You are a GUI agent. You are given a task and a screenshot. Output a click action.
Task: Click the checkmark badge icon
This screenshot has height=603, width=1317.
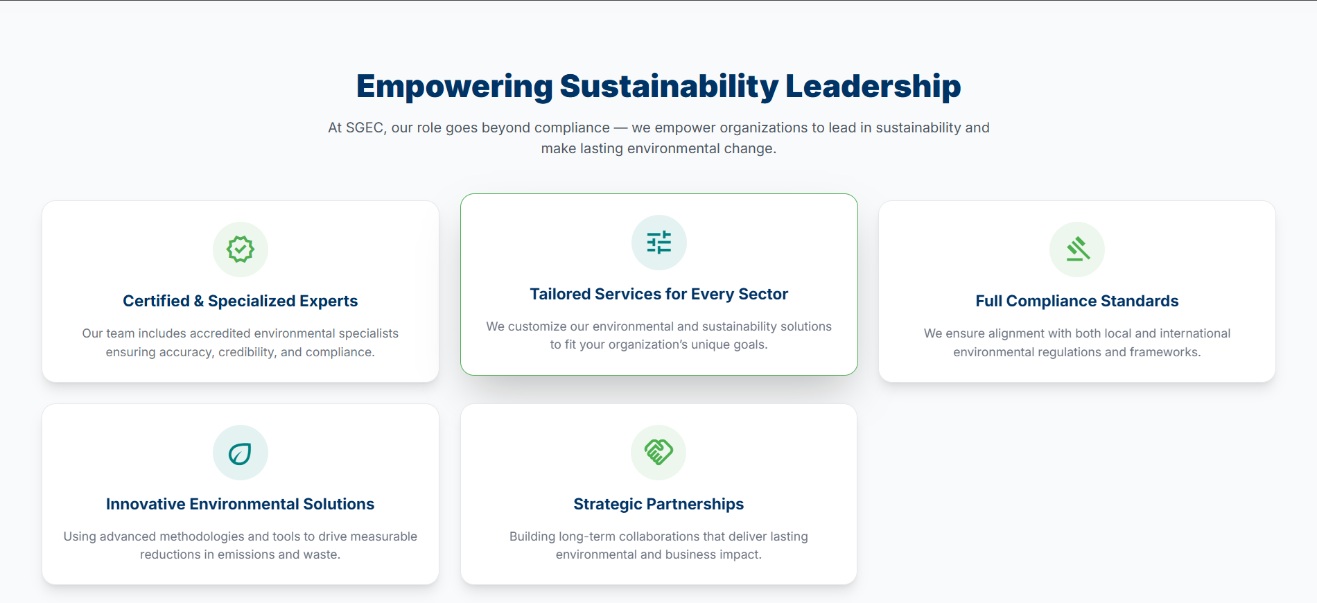tap(241, 249)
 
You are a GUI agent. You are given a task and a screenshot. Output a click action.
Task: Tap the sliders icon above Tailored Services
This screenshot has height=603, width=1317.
tap(659, 242)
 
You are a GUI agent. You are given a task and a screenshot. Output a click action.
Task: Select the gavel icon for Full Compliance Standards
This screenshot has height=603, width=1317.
tap(1078, 249)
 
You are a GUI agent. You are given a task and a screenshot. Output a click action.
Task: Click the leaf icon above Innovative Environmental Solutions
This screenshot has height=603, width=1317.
tap(240, 453)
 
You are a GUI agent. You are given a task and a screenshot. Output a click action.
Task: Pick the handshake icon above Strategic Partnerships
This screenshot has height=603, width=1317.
tap(658, 452)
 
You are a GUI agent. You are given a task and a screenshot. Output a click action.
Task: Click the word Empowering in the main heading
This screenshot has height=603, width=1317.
tap(455, 87)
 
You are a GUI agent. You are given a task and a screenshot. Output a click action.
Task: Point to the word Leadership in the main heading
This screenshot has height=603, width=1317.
tap(873, 87)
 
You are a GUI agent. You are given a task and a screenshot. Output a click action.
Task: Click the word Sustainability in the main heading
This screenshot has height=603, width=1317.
tap(669, 87)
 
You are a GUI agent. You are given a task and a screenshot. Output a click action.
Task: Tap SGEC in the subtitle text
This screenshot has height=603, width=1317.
tap(365, 128)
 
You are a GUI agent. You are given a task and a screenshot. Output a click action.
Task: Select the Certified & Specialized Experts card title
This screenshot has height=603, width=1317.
tap(241, 301)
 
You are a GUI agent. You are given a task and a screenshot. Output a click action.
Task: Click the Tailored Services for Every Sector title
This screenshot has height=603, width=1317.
tap(659, 294)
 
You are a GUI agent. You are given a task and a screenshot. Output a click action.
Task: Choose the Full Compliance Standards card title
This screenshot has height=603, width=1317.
tap(1077, 301)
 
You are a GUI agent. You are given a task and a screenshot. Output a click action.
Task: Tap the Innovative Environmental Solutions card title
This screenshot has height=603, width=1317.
tap(241, 504)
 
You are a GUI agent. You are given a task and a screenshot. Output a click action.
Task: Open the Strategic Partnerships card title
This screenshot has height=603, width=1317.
tap(658, 504)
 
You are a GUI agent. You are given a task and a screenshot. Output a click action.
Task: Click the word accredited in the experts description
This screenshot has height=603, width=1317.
tap(220, 333)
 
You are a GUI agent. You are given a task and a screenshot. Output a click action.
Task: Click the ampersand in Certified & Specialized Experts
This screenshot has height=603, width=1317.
tap(199, 301)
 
